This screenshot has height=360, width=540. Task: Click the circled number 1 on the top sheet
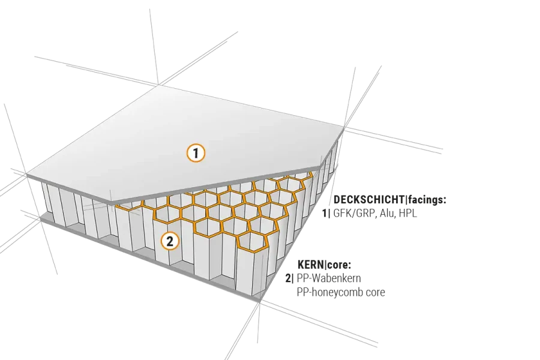pyautogui.click(x=196, y=153)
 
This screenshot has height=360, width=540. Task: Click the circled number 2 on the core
pyautogui.click(x=170, y=241)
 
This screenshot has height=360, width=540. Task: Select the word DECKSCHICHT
pyautogui.click(x=369, y=199)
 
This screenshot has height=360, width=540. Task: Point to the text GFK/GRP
pyautogui.click(x=355, y=213)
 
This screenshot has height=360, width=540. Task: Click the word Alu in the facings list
pyautogui.click(x=388, y=213)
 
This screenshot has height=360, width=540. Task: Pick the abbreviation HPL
pyautogui.click(x=408, y=213)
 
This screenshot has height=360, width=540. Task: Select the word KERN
pyautogui.click(x=311, y=265)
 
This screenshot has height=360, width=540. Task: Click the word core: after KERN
pyautogui.click(x=339, y=265)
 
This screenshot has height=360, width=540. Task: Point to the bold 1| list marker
pyautogui.click(x=326, y=213)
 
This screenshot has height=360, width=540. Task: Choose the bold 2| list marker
pyautogui.click(x=290, y=278)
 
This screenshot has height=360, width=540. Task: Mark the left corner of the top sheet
pyautogui.click(x=26, y=175)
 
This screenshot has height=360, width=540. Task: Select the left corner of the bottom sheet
pyautogui.click(x=40, y=220)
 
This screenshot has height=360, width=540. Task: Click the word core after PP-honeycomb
pyautogui.click(x=375, y=292)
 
